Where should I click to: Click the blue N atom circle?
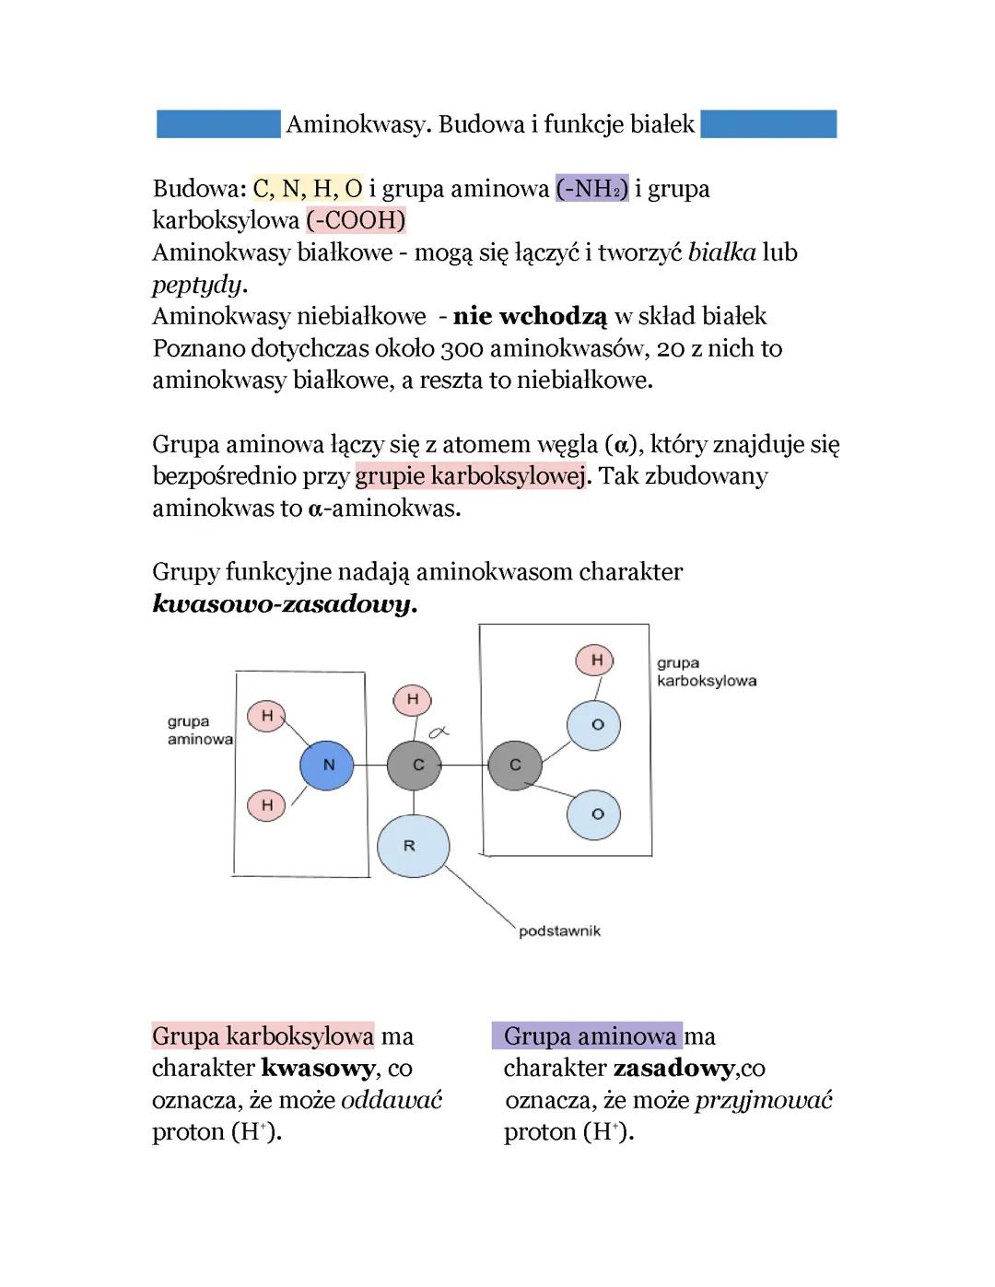327,765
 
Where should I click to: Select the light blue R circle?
413,846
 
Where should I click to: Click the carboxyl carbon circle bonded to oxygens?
514,765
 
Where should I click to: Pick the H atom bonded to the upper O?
595,660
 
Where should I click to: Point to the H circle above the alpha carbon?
412,699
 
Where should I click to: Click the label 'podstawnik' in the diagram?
559,931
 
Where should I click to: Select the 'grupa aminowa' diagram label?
199,731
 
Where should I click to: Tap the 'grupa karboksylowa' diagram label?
706,672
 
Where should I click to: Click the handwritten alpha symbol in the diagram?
438,732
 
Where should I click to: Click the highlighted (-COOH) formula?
356,220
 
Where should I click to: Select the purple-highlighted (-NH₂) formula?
591,189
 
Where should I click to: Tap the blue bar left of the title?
217,124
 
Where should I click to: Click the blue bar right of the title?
768,124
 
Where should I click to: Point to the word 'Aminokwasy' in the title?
358,124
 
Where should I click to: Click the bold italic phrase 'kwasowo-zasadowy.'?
285,604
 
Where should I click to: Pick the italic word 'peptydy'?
197,284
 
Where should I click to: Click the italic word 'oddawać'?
392,1100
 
